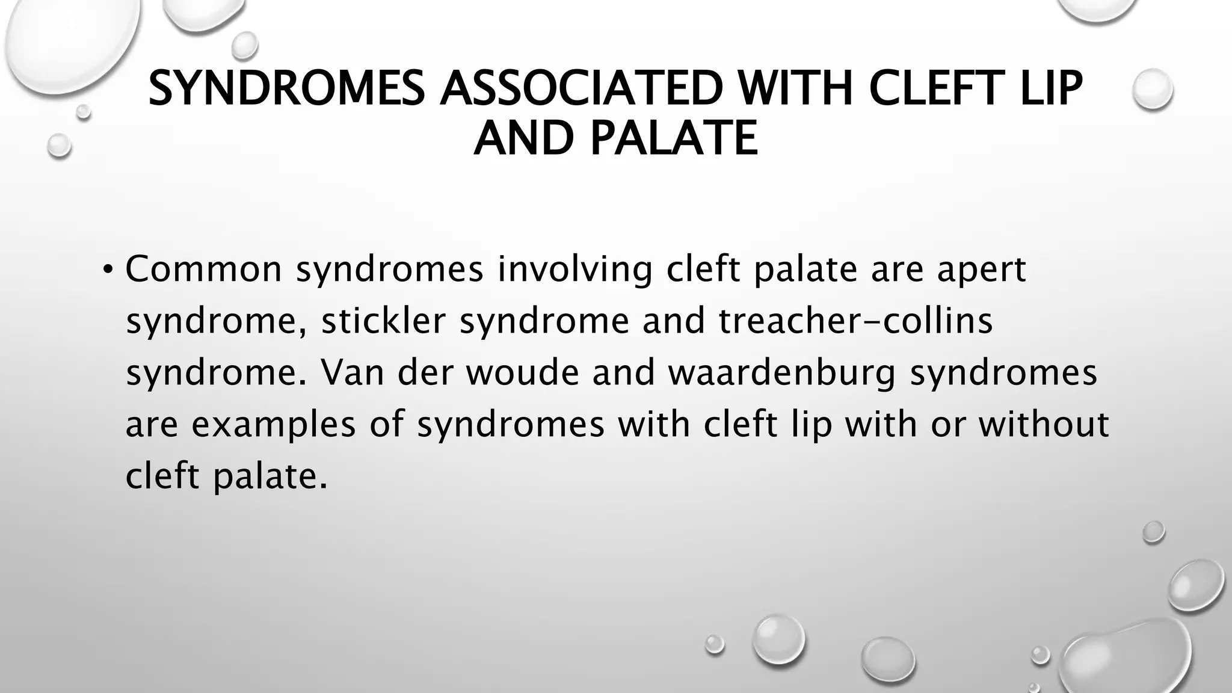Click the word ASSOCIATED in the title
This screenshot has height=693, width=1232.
[x=581, y=88]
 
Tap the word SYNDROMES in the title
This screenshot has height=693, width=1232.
[x=287, y=88]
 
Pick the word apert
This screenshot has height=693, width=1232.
[x=982, y=269]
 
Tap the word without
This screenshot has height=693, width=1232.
[x=1044, y=423]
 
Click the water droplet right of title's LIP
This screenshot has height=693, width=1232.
[x=1152, y=89]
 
